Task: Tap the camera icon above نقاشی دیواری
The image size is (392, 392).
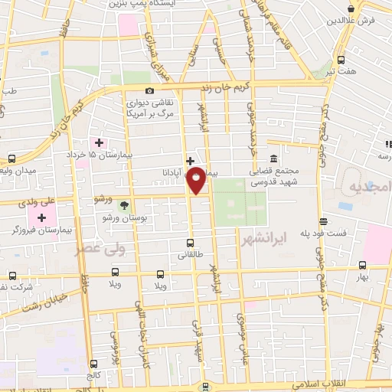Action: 149,92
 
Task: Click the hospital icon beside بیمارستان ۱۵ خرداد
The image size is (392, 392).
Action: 99,142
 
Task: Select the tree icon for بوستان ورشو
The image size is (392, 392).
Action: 125,204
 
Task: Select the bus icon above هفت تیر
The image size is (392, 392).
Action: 340,60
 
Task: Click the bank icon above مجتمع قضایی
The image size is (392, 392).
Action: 273,155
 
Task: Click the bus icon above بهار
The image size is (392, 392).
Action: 362,267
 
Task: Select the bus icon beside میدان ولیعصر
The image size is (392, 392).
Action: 11,158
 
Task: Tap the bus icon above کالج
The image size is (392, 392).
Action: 94,364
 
